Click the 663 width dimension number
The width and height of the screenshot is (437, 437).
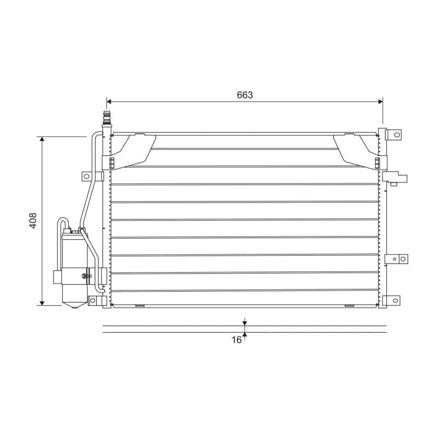point(245,95)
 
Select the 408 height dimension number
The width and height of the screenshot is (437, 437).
point(33,221)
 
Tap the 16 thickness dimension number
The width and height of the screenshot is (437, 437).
point(237,340)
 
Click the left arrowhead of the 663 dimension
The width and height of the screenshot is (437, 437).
point(109,102)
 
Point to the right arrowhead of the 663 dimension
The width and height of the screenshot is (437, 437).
point(380,102)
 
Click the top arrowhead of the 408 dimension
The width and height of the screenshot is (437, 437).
point(42,139)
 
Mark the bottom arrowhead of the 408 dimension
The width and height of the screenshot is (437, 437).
point(42,303)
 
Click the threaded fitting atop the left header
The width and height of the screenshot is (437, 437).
point(107,118)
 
